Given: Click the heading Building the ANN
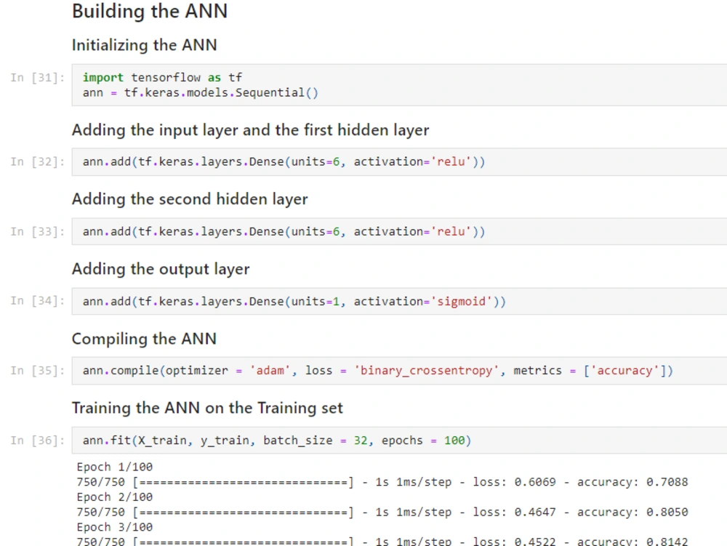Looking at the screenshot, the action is [x=150, y=11].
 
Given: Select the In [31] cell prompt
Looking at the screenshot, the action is [x=38, y=77].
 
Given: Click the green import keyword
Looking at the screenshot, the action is [x=103, y=77].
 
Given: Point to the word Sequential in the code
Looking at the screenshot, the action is [x=270, y=93].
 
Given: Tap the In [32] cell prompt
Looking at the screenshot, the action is [x=38, y=161].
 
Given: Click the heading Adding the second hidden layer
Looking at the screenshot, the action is [x=190, y=199].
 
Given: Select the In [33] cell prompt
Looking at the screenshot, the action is [x=38, y=231].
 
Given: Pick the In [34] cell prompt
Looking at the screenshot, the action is [x=38, y=301].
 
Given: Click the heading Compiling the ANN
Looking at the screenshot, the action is [x=144, y=339].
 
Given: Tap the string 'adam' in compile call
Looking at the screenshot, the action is [x=270, y=370].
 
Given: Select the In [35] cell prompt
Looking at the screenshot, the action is [x=38, y=371].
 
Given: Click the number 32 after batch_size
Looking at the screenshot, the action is [x=361, y=441].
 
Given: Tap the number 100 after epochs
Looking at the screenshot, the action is [x=454, y=441].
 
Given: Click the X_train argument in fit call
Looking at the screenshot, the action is [x=162, y=441].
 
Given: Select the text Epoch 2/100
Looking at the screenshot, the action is [x=115, y=497].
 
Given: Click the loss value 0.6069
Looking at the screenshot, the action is [x=535, y=482].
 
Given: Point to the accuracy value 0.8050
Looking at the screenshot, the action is [x=667, y=512].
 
